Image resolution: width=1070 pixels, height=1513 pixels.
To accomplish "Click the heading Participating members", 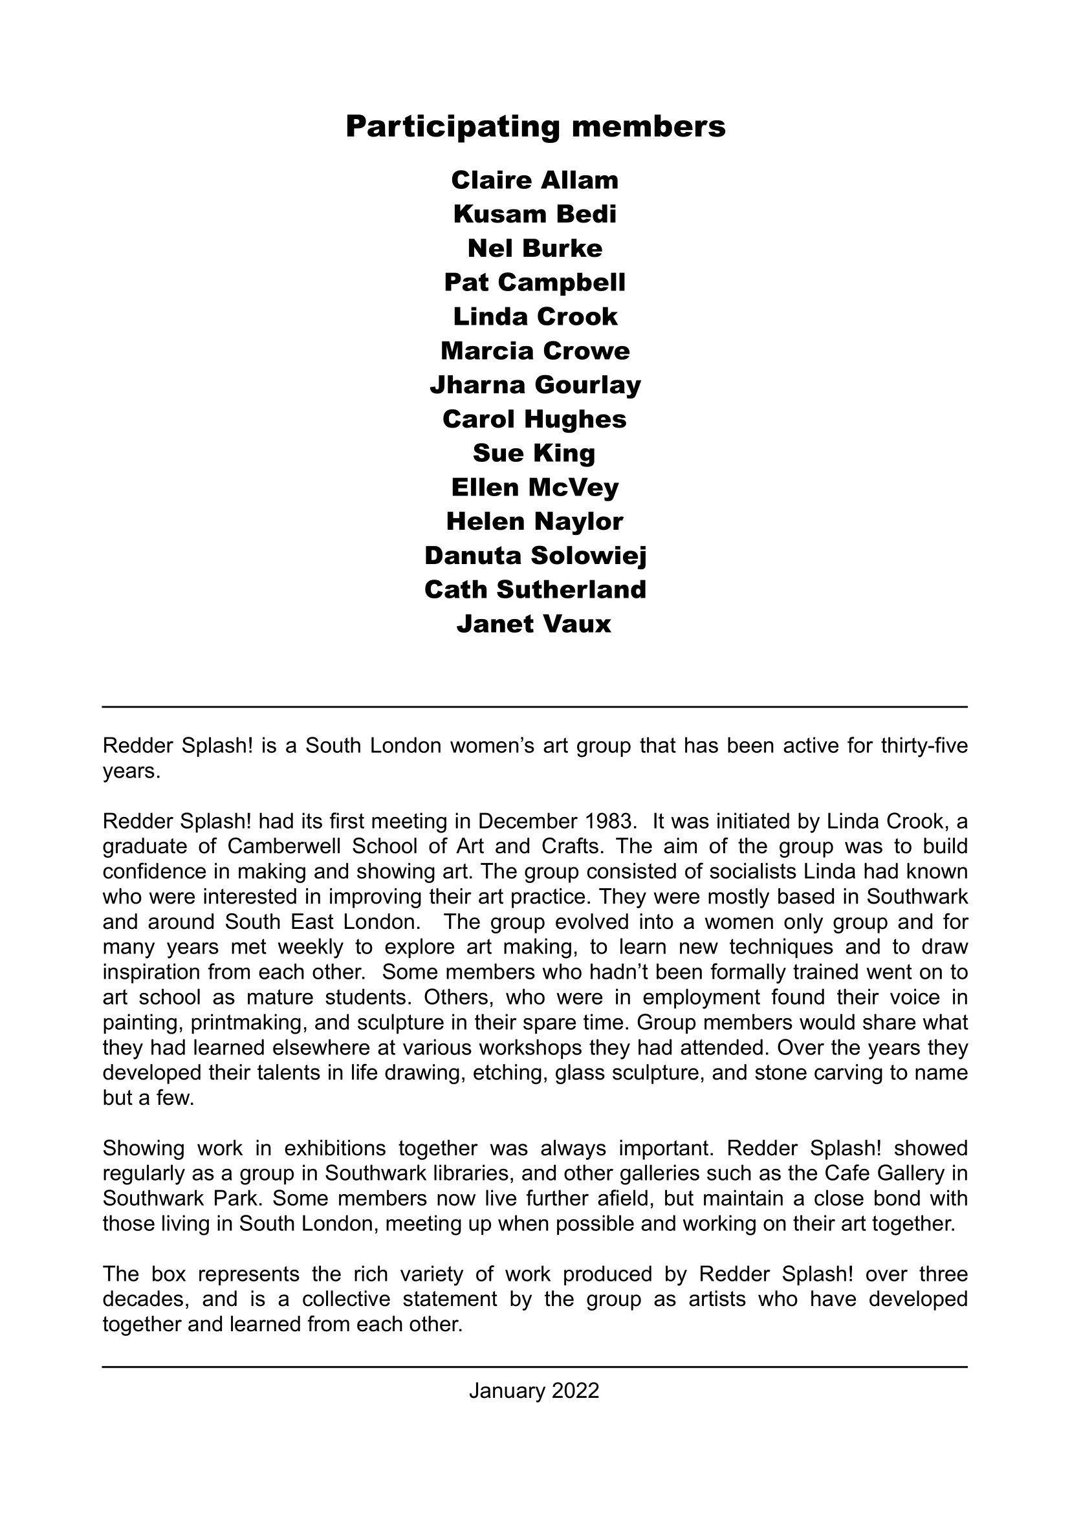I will tap(535, 127).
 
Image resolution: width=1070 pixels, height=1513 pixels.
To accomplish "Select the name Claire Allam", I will tap(535, 180).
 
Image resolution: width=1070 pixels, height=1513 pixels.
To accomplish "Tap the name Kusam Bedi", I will tap(535, 214).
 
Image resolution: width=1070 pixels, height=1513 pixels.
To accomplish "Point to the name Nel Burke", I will tap(535, 248).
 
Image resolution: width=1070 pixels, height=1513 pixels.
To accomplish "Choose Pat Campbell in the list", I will tap(535, 283).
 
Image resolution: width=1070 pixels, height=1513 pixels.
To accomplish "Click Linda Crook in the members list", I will tap(535, 317).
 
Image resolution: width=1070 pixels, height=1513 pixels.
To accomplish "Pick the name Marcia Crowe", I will tap(535, 351).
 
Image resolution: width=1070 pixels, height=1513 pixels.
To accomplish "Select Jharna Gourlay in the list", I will tap(535, 385).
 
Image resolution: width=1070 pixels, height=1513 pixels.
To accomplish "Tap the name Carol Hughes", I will tap(535, 419).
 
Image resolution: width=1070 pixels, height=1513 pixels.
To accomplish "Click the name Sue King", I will tap(535, 453).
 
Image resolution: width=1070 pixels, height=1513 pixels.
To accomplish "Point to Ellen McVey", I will tap(535, 488).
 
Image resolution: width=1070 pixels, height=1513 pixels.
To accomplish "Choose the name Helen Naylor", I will tap(535, 521).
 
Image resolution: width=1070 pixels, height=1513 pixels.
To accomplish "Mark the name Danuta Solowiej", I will tap(535, 556).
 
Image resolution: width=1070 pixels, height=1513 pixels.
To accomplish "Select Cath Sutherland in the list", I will tap(535, 590).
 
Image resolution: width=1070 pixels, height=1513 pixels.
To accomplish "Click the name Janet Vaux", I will tap(535, 624).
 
